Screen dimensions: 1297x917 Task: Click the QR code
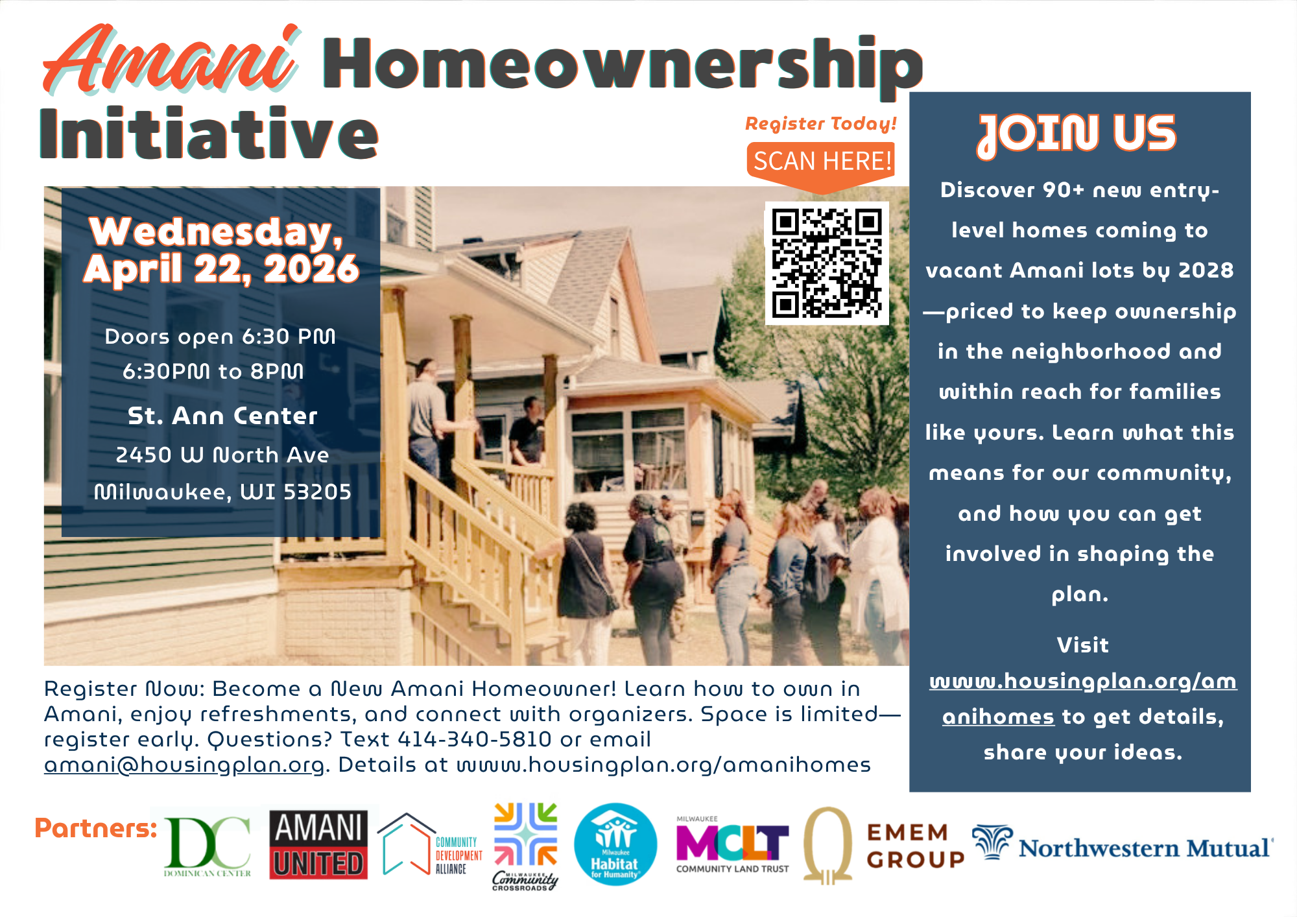coord(827,263)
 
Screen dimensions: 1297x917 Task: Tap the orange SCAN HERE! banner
coord(822,165)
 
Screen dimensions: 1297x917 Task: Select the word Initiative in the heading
coord(209,134)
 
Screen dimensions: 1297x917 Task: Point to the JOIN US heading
coord(1077,135)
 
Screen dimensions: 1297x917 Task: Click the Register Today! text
coord(821,123)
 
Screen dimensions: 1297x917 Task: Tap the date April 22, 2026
coord(221,268)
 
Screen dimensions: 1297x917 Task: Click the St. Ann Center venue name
coord(222,416)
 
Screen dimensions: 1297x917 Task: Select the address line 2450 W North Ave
coord(222,455)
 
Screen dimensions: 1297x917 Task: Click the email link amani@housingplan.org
coord(184,765)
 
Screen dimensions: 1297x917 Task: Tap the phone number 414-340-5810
coord(475,739)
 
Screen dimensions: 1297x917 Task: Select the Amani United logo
coord(319,845)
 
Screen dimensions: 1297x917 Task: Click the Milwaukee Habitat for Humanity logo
coord(615,844)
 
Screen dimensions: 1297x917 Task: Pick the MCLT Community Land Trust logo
coord(733,845)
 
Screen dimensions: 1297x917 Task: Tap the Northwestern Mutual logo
coord(1123,844)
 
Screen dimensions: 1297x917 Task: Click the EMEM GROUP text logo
coord(915,846)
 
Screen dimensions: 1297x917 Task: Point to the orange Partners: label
coord(96,828)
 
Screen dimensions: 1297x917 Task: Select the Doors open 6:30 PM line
coord(220,337)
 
